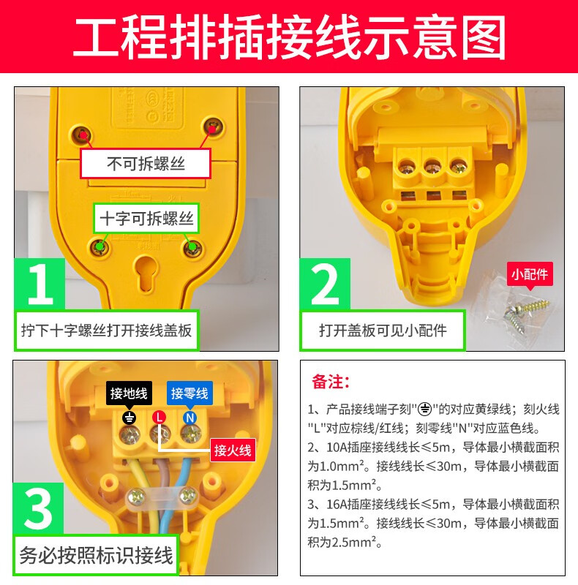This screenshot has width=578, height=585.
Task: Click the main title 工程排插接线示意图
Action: point(289,36)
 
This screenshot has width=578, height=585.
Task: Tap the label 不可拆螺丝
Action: point(146,163)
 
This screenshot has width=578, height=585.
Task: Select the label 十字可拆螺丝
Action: point(146,218)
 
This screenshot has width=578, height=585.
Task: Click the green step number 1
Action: point(40,284)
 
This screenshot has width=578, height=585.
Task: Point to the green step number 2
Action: point(325,284)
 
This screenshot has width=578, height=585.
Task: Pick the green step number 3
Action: point(39,509)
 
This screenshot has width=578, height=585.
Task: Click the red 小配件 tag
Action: point(530,275)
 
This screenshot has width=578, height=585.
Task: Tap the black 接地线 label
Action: point(129,393)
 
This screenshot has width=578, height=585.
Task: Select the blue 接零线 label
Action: point(189,393)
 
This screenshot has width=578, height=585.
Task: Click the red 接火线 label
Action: point(233,450)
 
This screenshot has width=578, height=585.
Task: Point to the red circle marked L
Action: point(159,417)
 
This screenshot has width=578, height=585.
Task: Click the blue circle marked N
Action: point(189,418)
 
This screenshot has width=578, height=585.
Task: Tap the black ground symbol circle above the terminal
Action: point(130,418)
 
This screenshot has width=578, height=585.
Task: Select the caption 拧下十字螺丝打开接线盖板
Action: point(106,331)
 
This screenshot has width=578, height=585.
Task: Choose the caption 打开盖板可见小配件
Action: point(383,331)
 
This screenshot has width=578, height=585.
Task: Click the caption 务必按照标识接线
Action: point(96,556)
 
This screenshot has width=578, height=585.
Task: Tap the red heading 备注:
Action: point(331,382)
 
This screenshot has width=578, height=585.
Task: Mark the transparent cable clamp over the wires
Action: point(162,497)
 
